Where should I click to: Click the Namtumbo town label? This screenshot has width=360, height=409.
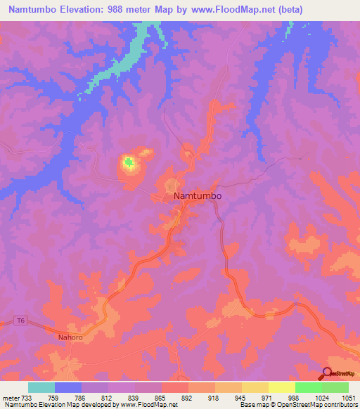[x=198, y=197]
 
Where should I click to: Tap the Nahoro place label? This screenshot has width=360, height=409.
[x=70, y=337]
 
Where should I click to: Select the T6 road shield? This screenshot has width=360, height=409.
[x=20, y=322]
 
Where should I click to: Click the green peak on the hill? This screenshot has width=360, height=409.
[x=129, y=164]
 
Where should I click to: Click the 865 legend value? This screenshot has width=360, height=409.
[x=162, y=398]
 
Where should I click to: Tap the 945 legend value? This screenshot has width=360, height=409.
[x=242, y=398]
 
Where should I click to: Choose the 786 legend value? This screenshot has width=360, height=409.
[x=82, y=398]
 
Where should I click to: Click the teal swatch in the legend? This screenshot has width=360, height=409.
[x=41, y=387]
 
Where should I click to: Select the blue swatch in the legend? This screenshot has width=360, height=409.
[x=68, y=387]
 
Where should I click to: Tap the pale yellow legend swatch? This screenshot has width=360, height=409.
[x=281, y=387]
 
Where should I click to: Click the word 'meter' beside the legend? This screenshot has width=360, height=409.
[x=12, y=398]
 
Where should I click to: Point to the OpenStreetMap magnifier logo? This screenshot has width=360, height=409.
[x=327, y=374]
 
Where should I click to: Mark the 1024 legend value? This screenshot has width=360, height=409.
[x=321, y=398]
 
